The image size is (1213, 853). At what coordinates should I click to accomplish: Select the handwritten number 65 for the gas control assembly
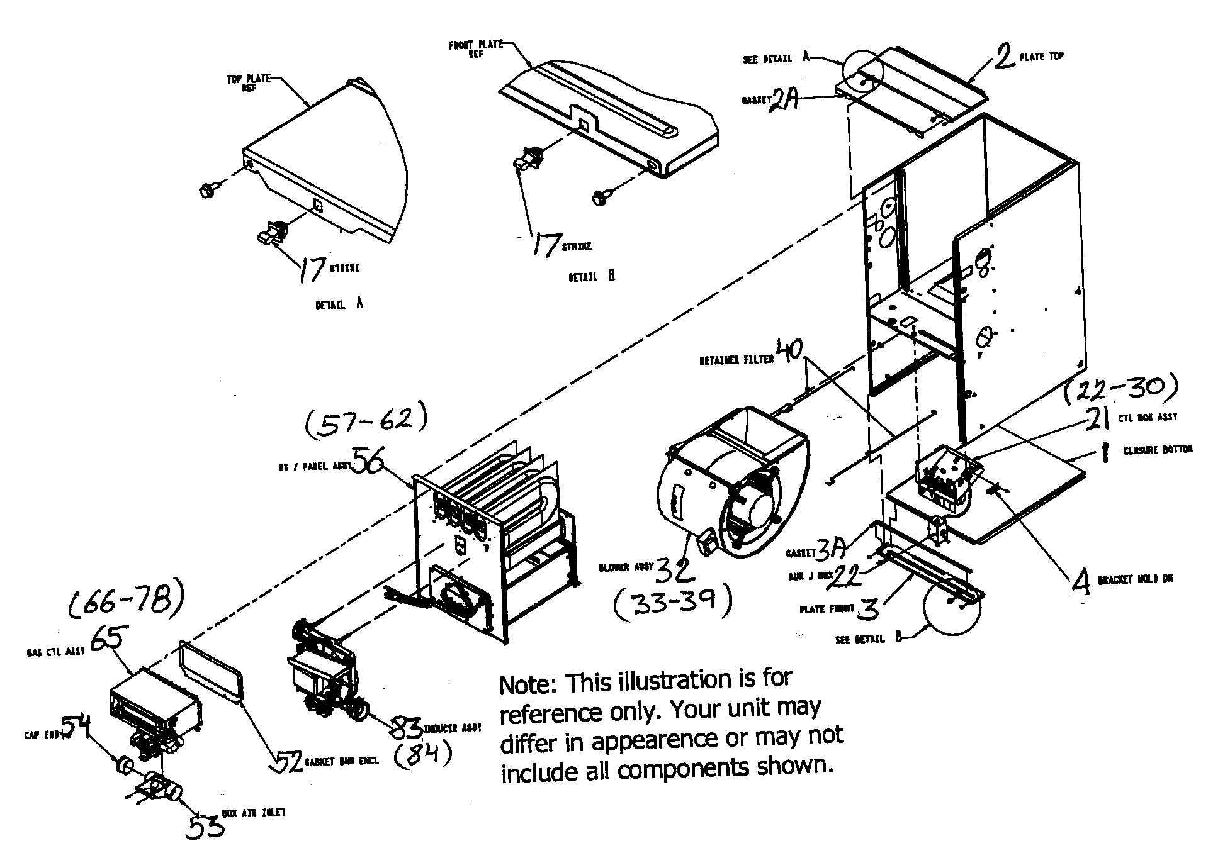(x=110, y=642)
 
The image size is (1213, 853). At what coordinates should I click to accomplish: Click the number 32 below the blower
(x=675, y=570)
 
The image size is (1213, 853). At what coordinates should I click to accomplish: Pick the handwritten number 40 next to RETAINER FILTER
(x=790, y=351)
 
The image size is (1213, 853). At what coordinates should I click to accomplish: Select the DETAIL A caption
(x=339, y=304)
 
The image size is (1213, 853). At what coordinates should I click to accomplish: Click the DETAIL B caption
(x=591, y=276)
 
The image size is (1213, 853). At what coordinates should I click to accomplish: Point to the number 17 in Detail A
(x=311, y=270)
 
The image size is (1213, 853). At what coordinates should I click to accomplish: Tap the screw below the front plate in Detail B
(x=599, y=199)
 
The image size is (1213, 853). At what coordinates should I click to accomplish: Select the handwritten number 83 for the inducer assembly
(x=405, y=728)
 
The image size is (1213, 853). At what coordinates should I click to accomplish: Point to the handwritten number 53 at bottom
(x=205, y=827)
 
